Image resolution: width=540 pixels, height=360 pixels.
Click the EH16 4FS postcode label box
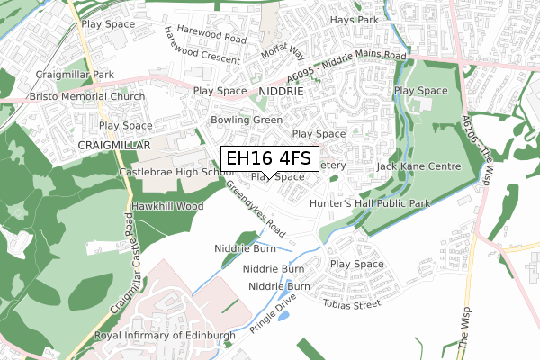[268, 158]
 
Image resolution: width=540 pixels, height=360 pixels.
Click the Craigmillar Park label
[75, 75]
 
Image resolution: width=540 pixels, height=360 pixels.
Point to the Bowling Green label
[247, 120]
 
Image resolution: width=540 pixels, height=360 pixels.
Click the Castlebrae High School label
[169, 172]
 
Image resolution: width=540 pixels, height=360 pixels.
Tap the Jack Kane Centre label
[418, 166]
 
